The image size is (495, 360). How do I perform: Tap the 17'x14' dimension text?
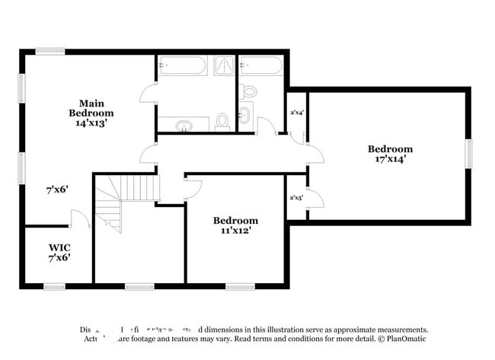(x=390, y=160)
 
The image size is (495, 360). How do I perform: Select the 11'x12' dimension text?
(x=235, y=229)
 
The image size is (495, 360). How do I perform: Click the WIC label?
(x=59, y=247)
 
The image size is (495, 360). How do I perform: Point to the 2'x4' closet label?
(x=297, y=113)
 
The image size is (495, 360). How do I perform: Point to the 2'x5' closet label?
(x=296, y=198)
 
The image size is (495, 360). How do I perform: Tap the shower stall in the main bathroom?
(x=224, y=65)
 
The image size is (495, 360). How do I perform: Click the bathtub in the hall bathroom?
(x=260, y=66)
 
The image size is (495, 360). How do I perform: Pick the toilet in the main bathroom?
(x=222, y=122)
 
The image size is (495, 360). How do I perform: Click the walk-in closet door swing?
(x=80, y=218)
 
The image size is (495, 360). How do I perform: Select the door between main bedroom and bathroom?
(x=148, y=95)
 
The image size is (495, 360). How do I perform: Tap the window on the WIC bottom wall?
(x=54, y=287)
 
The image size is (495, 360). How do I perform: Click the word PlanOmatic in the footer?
(x=407, y=337)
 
